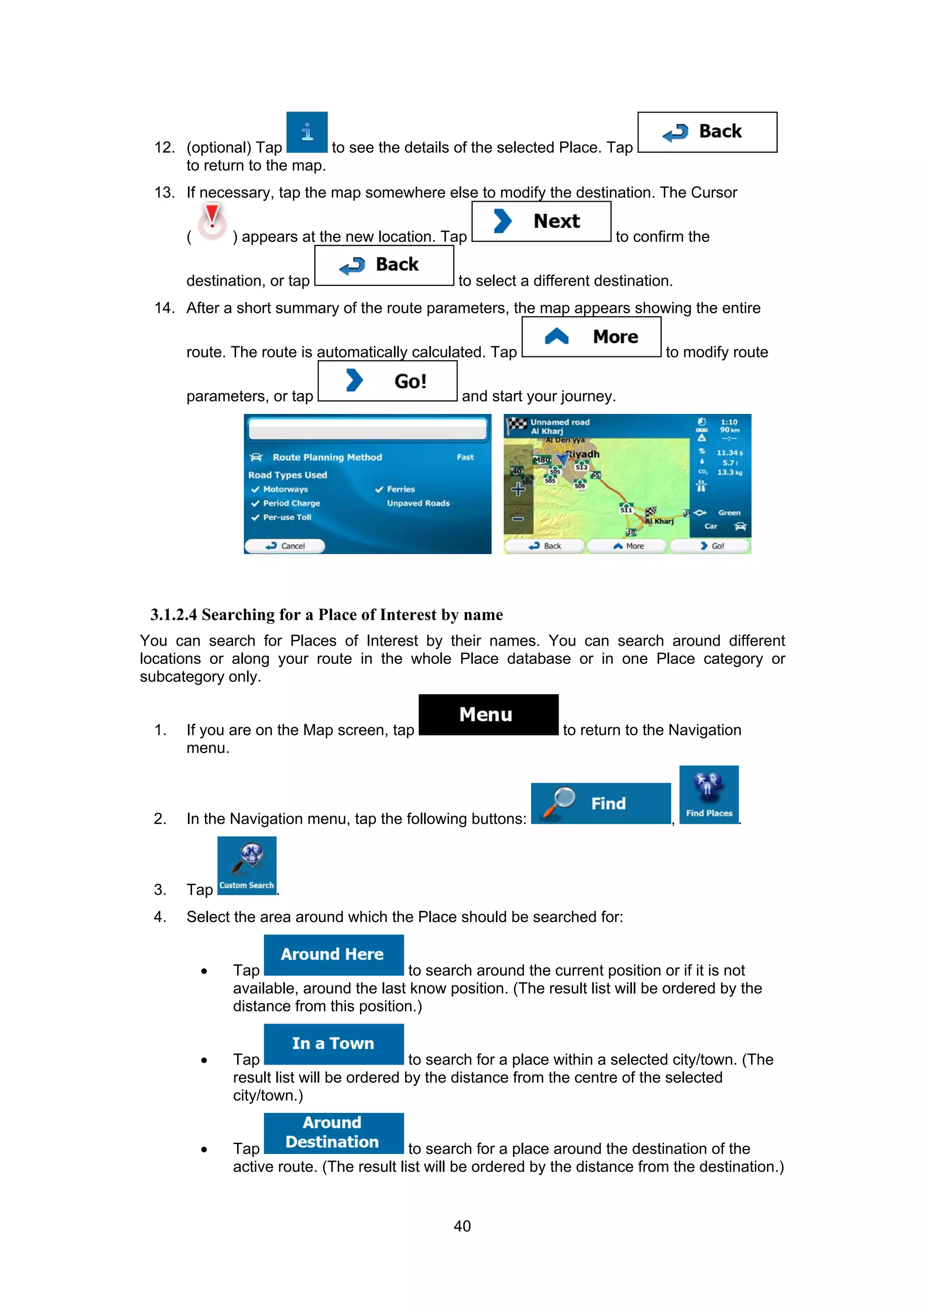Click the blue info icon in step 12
coord(307,132)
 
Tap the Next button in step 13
coord(541,221)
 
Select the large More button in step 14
coord(591,337)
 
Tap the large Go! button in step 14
coord(387,381)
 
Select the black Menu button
coord(488,714)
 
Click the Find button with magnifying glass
coord(600,803)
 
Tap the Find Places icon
coord(708,794)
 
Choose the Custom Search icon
coord(246,865)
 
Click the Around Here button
coord(333,954)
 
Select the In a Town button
coord(333,1043)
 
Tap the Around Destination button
coord(333,1132)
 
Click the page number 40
coord(462,1226)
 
